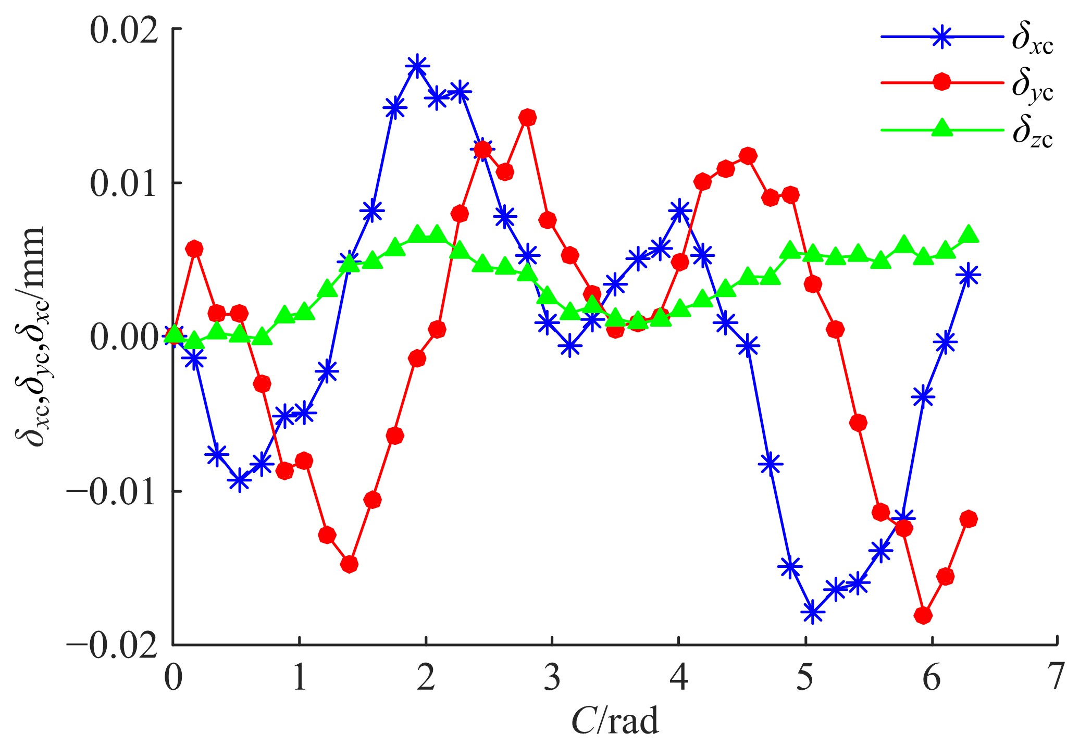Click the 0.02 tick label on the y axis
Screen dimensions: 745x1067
coord(124,31)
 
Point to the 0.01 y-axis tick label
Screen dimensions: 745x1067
coord(124,184)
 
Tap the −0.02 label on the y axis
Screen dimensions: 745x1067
coord(112,646)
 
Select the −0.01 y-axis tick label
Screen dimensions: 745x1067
coord(112,492)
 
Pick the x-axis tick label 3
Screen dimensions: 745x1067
coord(552,678)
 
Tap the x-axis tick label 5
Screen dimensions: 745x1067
coord(805,678)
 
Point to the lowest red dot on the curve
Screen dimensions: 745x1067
coord(923,615)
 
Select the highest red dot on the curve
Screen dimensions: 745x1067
coord(528,118)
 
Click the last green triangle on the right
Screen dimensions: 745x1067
coord(969,234)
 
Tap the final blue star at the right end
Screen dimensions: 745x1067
coord(969,275)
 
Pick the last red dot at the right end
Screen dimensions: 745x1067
coord(969,519)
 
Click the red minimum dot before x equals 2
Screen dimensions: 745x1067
coord(349,564)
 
